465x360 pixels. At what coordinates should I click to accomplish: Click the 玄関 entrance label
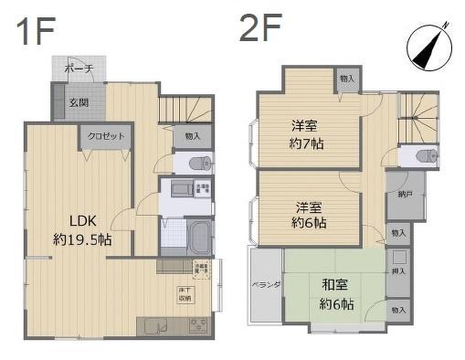click(79, 102)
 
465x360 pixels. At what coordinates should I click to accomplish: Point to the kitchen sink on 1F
click(152, 325)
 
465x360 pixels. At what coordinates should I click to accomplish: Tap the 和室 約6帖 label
click(336, 293)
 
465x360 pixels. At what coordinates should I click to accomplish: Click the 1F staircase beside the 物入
click(178, 110)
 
